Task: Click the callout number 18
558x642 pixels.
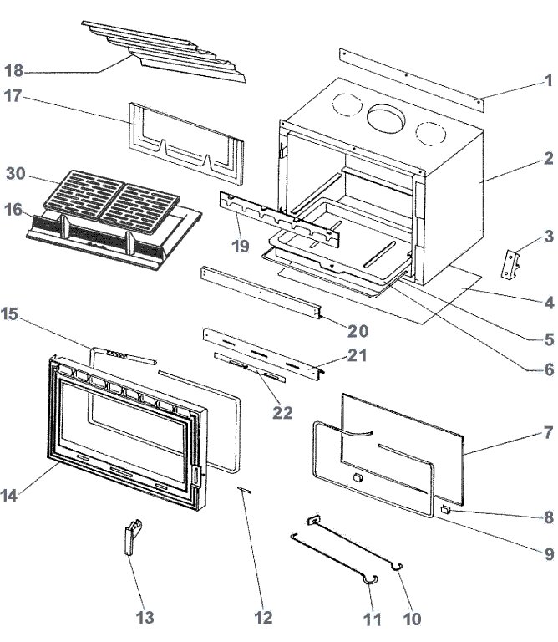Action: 17,69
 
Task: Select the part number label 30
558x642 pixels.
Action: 17,174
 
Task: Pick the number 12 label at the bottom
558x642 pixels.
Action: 263,618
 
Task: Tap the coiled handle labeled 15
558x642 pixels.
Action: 122,356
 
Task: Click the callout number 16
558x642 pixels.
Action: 17,209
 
